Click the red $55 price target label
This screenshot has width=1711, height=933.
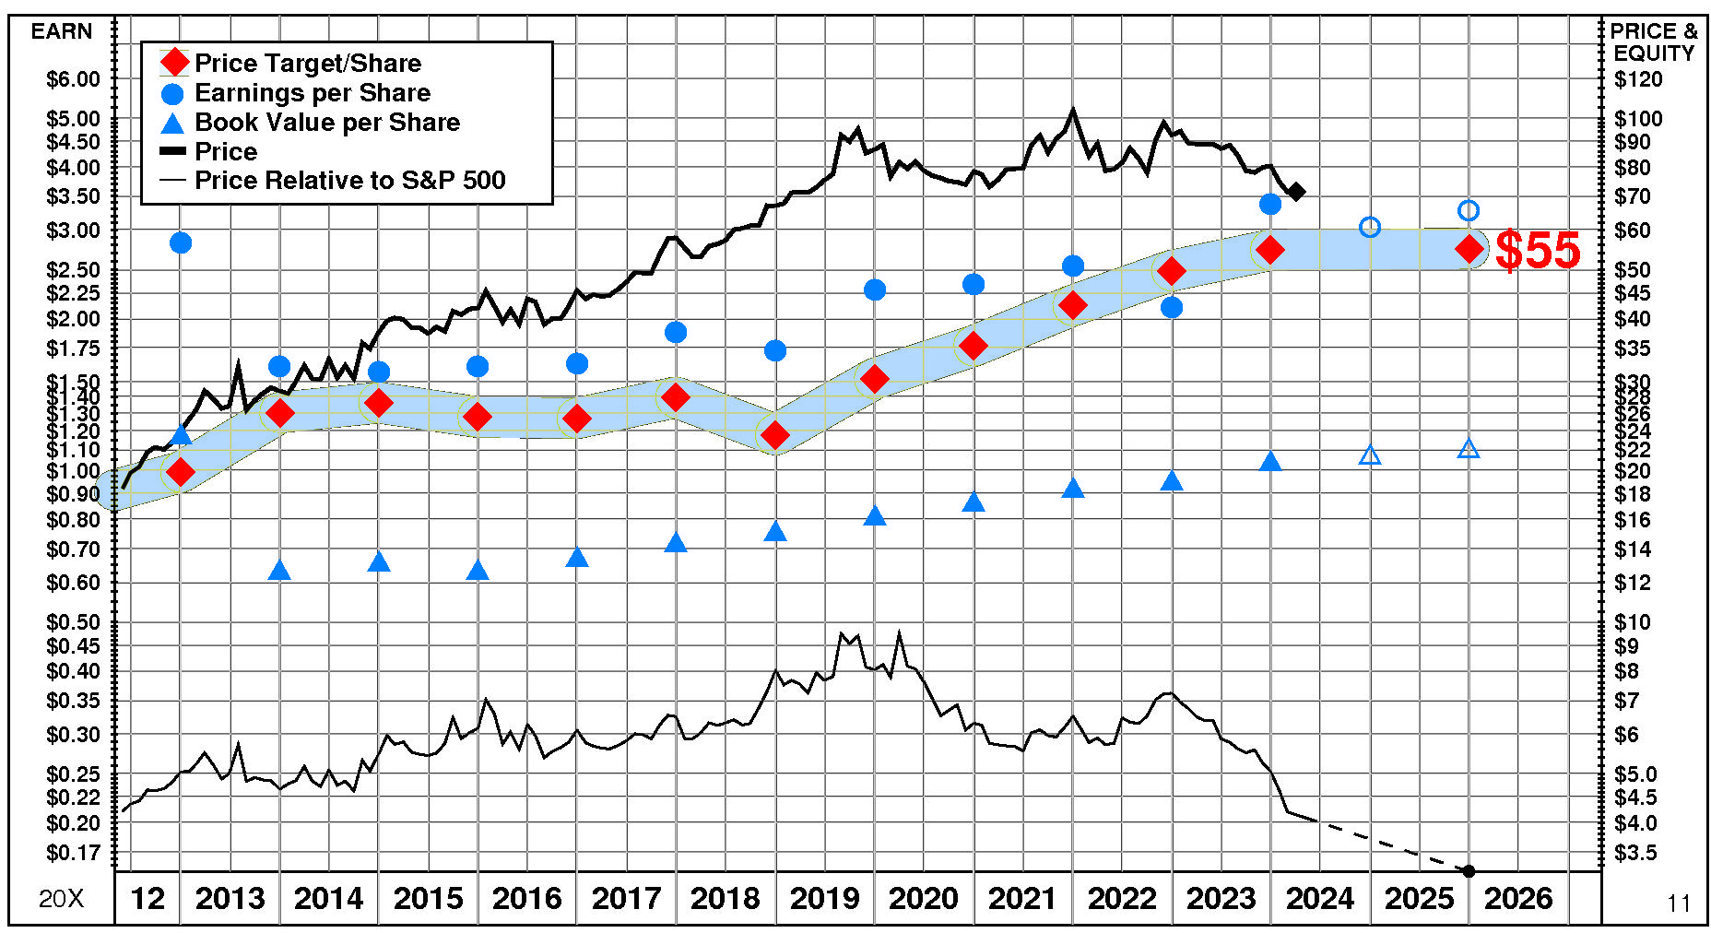point(1537,250)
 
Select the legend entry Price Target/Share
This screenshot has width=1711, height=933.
point(308,64)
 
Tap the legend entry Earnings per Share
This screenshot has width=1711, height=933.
point(313,93)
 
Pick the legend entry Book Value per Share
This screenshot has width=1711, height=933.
point(327,123)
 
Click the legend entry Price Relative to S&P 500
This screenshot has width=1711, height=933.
point(349,181)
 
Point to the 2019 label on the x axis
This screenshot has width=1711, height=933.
point(824,898)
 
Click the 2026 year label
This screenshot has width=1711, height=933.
point(1518,898)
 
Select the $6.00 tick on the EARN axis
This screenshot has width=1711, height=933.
point(73,79)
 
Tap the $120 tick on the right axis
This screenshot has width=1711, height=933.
point(1638,79)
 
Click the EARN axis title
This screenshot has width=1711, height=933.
point(62,31)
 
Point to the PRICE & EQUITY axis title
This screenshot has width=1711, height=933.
point(1654,42)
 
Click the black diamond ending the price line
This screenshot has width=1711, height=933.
point(1296,192)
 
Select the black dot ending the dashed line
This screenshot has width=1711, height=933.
point(1469,871)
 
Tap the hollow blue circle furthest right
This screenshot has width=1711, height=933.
point(1469,211)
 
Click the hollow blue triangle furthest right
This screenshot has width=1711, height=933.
point(1469,449)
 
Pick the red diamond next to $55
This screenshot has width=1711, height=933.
point(1469,249)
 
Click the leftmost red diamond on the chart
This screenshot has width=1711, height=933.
point(181,472)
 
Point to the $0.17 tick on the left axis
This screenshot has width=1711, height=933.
point(73,853)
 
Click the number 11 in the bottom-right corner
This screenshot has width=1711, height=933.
point(1679,903)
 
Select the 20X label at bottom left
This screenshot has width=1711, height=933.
point(61,899)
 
